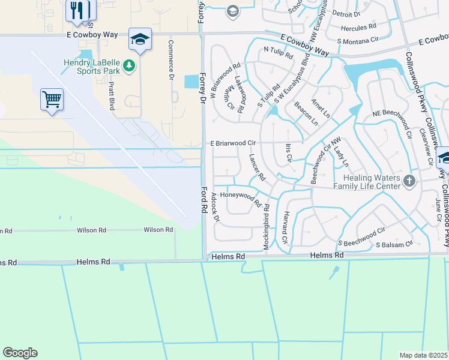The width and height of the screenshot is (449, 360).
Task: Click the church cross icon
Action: (x=408, y=181)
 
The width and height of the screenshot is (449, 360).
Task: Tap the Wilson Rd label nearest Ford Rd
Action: (x=158, y=230)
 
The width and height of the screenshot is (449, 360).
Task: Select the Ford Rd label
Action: (x=205, y=202)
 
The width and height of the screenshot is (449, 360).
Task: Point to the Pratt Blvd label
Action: (x=112, y=95)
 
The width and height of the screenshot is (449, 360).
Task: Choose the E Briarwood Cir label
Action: (x=233, y=143)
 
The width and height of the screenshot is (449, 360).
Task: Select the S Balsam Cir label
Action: (x=394, y=245)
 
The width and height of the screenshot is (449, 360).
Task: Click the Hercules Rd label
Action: (x=358, y=28)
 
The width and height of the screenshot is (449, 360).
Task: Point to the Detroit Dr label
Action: (x=346, y=13)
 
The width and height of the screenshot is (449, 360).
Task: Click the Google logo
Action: (x=20, y=353)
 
